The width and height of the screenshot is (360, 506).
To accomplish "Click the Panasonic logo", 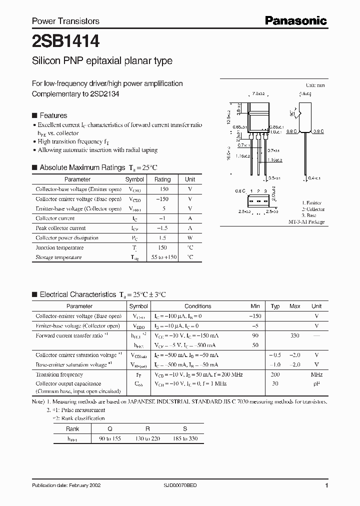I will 295,20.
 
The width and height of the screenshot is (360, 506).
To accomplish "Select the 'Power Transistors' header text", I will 65,21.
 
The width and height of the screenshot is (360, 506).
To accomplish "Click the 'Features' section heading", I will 53,115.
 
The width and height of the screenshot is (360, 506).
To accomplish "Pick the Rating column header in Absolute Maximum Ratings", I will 162,179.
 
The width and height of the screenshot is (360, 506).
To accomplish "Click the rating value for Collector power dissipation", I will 162,238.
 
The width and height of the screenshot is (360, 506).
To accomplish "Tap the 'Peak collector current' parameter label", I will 60,228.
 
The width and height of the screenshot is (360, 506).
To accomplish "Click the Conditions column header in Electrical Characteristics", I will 198,306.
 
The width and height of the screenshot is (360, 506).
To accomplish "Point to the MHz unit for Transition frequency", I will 316,374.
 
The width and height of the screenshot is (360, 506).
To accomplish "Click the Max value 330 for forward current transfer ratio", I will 295,335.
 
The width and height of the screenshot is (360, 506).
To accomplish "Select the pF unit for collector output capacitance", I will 316,383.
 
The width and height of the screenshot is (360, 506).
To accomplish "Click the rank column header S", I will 185,429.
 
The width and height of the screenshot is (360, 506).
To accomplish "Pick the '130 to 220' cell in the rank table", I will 147,438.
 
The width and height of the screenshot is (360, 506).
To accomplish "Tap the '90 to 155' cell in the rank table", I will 110,438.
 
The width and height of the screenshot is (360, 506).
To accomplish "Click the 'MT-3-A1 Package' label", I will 306,221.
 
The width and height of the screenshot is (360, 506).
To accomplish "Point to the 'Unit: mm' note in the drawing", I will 315,85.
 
